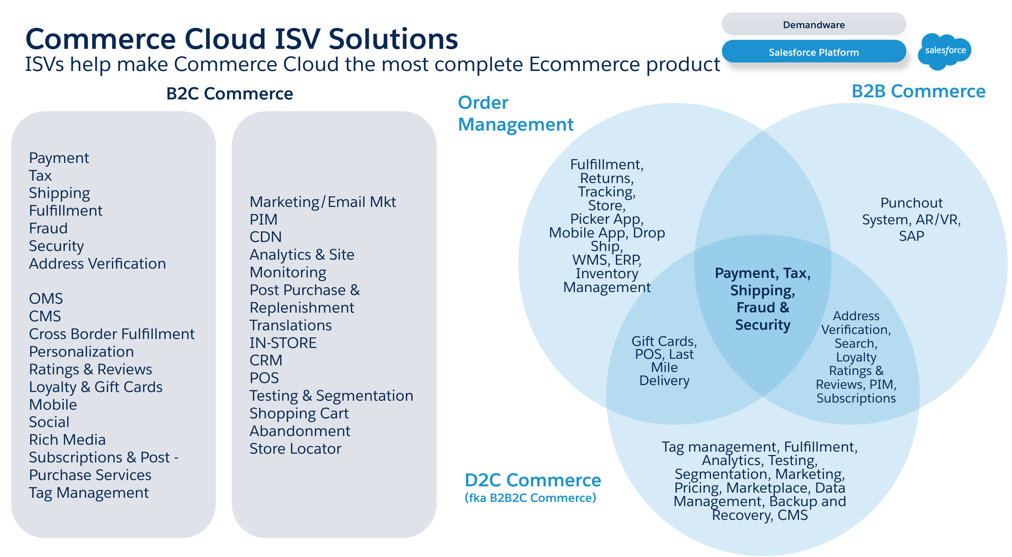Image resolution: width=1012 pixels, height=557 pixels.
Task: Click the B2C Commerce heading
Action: click(229, 93)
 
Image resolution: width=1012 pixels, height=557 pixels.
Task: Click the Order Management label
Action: click(515, 113)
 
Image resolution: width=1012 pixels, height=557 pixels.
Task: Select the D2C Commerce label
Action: click(532, 480)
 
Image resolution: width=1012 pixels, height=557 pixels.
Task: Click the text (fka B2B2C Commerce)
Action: click(530, 498)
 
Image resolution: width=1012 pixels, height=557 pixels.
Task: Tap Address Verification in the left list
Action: click(97, 264)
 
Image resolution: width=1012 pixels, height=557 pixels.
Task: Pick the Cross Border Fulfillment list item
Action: click(111, 334)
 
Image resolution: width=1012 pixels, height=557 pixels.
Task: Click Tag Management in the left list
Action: click(89, 493)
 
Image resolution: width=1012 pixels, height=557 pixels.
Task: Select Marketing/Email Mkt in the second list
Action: click(323, 202)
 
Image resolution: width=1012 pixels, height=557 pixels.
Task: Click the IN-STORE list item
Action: click(283, 343)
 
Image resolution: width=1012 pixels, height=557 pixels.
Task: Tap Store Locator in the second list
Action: click(295, 449)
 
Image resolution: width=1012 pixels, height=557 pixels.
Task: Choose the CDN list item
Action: click(265, 237)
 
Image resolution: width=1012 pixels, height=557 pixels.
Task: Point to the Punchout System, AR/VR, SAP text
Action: click(911, 219)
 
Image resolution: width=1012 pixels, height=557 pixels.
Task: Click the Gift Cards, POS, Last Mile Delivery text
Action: click(664, 361)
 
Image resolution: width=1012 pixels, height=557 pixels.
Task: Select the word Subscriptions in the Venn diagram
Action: click(856, 398)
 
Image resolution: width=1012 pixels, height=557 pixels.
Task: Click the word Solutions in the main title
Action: click(393, 39)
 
